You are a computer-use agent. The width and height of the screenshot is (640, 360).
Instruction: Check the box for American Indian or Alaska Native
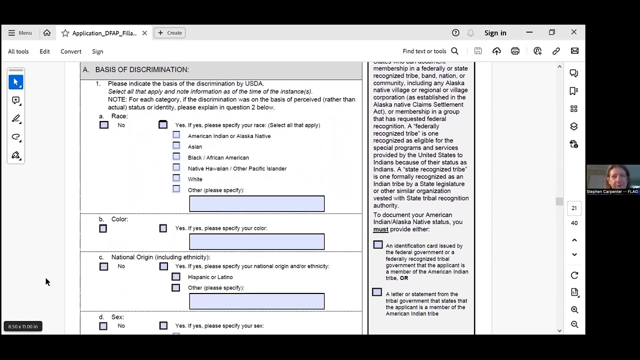pos(176,135)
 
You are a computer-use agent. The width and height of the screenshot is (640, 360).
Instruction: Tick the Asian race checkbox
pos(176,145)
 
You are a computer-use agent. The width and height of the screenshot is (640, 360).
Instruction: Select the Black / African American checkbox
pos(176,156)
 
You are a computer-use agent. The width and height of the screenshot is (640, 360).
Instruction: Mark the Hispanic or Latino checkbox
pos(176,277)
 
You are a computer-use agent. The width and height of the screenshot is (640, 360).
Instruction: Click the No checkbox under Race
pos(104,125)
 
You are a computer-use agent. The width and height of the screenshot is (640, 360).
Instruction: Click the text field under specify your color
pos(256,241)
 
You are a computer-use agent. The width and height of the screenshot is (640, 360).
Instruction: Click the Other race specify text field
pos(256,203)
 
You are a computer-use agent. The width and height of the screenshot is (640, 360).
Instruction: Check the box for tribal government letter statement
pos(377,292)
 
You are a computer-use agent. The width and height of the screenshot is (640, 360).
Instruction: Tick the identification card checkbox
pos(378,245)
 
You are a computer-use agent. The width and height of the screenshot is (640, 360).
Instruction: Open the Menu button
pos(20,33)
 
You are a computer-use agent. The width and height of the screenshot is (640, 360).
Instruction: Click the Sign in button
pos(495,33)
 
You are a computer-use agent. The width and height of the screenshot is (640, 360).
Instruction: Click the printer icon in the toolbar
pos(515,51)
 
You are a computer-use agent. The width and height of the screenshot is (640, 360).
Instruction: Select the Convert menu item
pos(71,51)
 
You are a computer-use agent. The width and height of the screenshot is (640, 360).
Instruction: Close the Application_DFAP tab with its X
pos(144,33)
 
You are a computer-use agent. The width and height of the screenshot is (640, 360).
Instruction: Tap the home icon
pos(47,33)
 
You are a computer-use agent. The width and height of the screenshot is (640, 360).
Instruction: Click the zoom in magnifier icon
pos(574,310)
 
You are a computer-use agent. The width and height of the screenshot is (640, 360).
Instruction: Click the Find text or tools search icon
pos(454,51)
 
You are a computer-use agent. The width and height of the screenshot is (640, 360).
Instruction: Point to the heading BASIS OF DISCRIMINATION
pos(142,70)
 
